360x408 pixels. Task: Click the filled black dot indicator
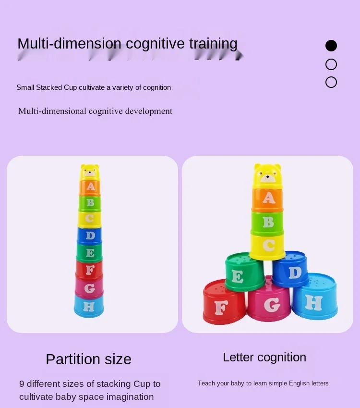[x=331, y=46]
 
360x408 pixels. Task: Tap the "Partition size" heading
[x=88, y=359]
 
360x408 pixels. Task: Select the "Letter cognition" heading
[x=264, y=357]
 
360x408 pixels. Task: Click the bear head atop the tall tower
[x=90, y=172]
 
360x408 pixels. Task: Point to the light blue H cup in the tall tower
[x=89, y=306]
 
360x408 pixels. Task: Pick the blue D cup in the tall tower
[x=90, y=235]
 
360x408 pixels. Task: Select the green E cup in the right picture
[x=244, y=273]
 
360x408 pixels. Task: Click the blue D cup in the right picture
[x=291, y=270]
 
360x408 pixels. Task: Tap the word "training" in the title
[x=213, y=44]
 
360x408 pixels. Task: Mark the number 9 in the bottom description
[x=22, y=384]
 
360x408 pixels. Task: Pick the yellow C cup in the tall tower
[x=90, y=219]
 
